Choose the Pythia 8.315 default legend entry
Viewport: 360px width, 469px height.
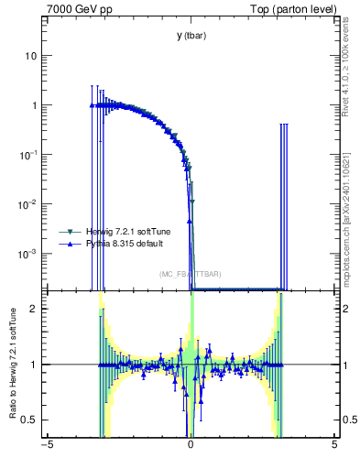point(119,245)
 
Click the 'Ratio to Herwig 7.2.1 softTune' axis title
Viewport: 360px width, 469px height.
point(11,365)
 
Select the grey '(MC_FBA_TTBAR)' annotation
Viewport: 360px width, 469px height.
point(190,274)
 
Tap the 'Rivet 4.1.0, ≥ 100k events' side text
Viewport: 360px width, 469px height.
point(351,77)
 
